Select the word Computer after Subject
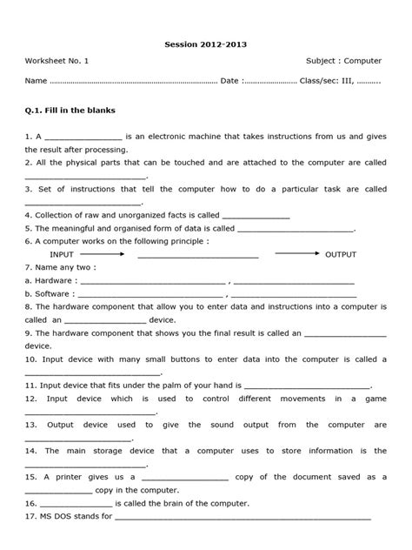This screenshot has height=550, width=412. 362,61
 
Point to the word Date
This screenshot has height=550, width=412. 229,81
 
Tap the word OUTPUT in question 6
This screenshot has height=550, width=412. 341,254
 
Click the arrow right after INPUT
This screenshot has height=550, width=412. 109,253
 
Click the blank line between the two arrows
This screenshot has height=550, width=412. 197,256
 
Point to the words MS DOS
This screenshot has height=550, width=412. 54,517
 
